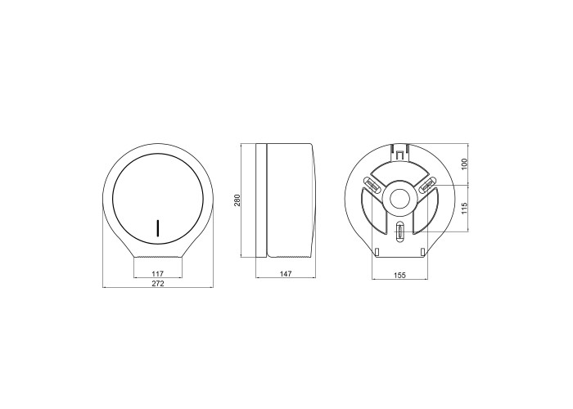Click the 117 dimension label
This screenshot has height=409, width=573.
click(157, 273)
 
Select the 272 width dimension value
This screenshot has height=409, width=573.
click(157, 283)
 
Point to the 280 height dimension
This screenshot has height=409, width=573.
click(237, 200)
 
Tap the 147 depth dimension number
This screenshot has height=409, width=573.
click(286, 273)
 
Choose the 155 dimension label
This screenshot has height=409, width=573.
click(399, 276)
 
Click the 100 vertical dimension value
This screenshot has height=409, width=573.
click(464, 164)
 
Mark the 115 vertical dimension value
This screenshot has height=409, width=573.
click(464, 209)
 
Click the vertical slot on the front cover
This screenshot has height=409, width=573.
click(158, 228)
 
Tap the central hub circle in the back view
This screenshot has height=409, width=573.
click(399, 199)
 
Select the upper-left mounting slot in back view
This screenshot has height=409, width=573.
click(372, 185)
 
